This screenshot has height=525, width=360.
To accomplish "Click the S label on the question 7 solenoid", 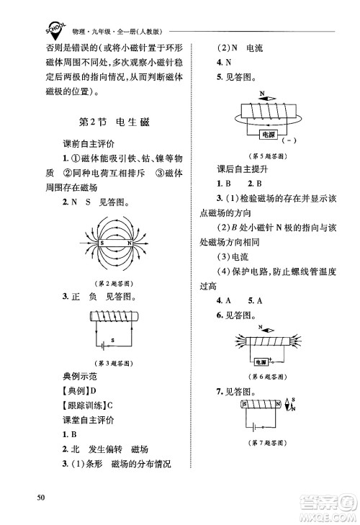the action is pos(246,405).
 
